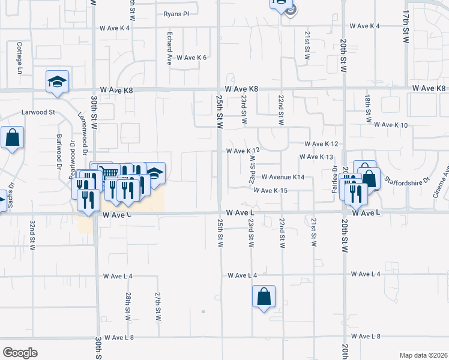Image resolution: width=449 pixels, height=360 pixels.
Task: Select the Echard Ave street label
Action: click(170, 48)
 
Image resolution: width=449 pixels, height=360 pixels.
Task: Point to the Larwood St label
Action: click(38, 112)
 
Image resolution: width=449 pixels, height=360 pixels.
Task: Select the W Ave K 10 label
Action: click(390, 125)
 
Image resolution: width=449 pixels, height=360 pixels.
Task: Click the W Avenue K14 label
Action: click(283, 177)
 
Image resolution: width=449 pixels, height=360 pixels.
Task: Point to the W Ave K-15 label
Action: click(271, 190)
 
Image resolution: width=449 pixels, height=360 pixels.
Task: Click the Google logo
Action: click(20, 353)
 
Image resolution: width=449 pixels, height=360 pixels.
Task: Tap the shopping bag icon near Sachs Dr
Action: click(12, 138)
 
